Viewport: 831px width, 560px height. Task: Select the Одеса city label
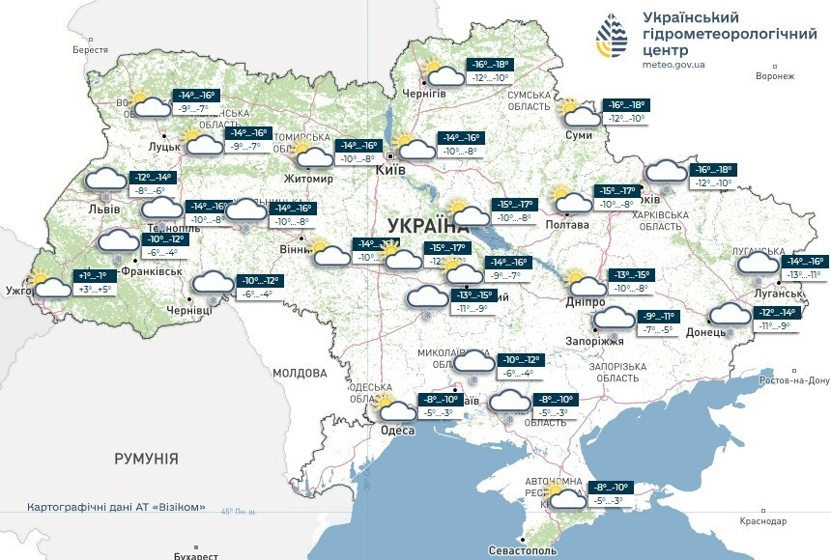coord(397,431)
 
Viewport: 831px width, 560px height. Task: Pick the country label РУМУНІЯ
coord(145,458)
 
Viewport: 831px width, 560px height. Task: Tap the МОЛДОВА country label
coord(300,373)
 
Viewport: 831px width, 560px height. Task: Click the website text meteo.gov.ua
coord(673,65)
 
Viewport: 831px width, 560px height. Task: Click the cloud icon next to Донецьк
coord(730,314)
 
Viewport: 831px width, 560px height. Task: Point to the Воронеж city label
coord(775,75)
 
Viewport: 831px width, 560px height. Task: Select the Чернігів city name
coord(425,93)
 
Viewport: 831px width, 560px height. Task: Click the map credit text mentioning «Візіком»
coord(116,507)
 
